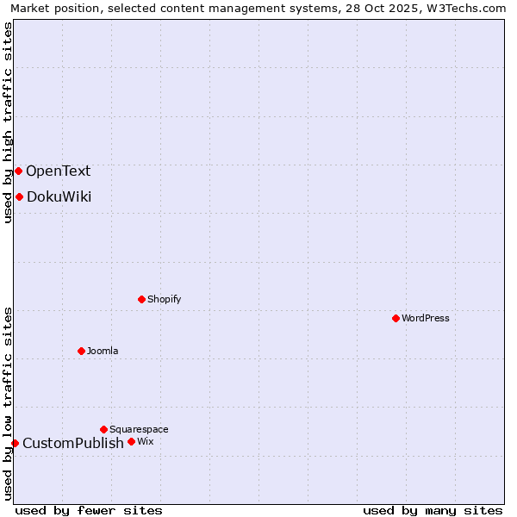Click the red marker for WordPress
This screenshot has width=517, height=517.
(396, 318)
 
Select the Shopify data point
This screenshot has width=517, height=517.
(141, 299)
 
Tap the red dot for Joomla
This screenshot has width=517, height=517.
(81, 351)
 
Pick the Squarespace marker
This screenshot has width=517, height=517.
(103, 429)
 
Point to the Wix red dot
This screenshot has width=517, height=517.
(131, 441)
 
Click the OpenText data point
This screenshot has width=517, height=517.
(18, 171)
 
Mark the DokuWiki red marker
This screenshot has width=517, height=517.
(19, 196)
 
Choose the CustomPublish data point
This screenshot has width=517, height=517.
(15, 443)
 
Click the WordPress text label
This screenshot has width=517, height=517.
(426, 318)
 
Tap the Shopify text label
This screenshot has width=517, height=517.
(164, 299)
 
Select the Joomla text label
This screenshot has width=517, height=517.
(103, 351)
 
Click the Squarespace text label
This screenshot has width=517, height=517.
(139, 429)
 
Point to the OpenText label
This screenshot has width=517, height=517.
(58, 171)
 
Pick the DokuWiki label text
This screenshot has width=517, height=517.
(59, 196)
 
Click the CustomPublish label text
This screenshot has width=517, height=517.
(73, 443)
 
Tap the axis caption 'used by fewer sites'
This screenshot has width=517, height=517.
(89, 510)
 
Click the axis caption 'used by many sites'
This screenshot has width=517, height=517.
(433, 510)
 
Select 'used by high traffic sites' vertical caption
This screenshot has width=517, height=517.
(8, 122)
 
